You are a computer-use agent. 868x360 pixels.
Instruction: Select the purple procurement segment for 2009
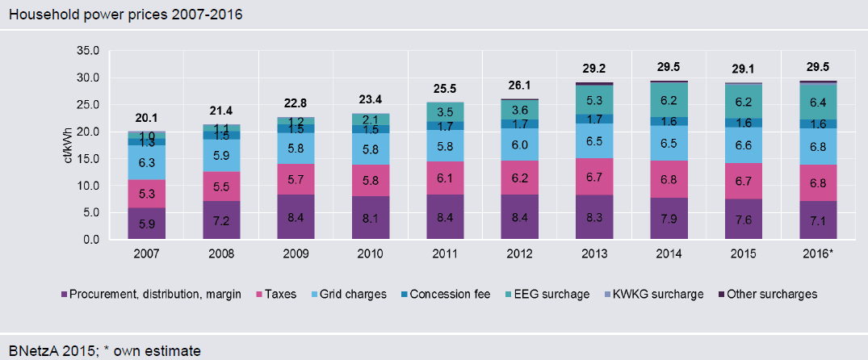[296, 217]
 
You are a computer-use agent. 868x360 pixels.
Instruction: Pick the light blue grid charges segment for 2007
[146, 162]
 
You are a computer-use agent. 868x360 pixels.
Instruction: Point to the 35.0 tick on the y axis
[86, 50]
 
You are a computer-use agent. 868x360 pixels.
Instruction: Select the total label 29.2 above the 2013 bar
[594, 70]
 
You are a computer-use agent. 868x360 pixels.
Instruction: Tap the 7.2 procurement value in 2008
[221, 220]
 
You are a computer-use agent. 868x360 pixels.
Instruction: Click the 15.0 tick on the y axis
[86, 158]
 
